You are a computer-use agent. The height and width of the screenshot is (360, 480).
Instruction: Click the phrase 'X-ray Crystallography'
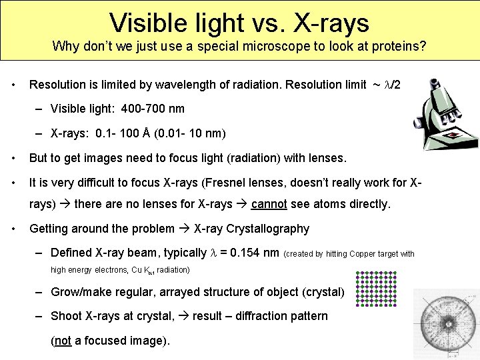click(251, 229)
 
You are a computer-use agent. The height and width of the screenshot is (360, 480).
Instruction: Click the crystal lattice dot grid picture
click(375, 288)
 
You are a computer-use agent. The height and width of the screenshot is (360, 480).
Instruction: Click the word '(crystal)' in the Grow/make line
click(323, 292)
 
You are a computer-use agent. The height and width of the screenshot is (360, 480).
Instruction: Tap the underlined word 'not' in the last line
click(63, 341)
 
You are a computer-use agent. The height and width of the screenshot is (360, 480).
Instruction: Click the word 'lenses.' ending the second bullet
click(325, 158)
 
